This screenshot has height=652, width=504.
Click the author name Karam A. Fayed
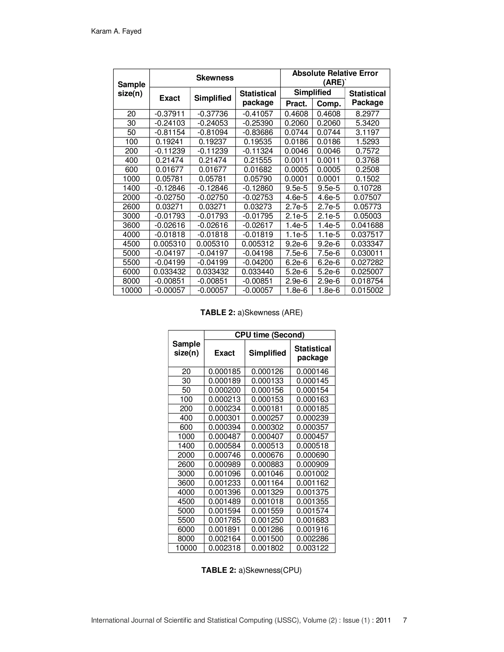pyautogui.click(x=116, y=31)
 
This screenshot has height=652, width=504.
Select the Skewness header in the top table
pyautogui.click(x=215, y=78)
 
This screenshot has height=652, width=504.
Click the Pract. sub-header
pyautogui.click(x=296, y=104)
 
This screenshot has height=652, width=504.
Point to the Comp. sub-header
pyautogui.click(x=329, y=104)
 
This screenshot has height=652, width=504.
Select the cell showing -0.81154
pyautogui.click(x=170, y=132)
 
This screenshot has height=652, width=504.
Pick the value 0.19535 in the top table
pyautogui.click(x=258, y=141)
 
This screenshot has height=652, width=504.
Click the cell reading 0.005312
pyautogui.click(x=258, y=244)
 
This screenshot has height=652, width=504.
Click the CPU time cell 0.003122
pyautogui.click(x=312, y=548)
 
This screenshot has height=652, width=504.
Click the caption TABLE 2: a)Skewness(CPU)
pyautogui.click(x=252, y=570)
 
